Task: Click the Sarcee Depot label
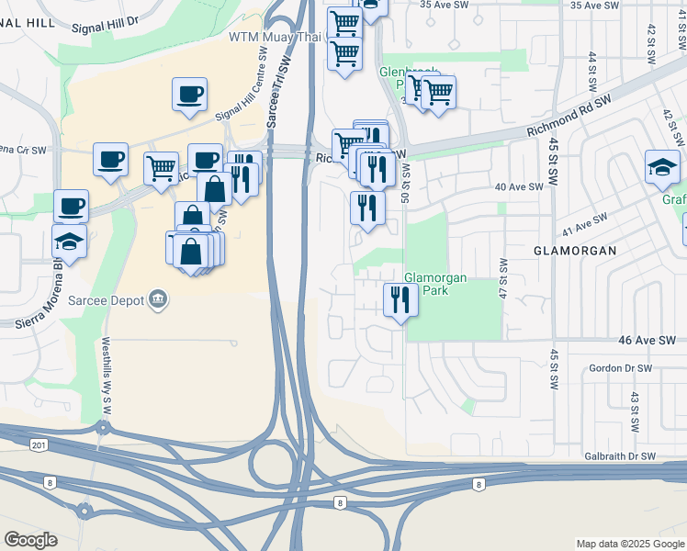(x=115, y=299)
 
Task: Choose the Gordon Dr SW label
(x=620, y=367)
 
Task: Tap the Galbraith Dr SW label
(x=620, y=456)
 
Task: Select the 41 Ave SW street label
(x=585, y=223)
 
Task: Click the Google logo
(x=30, y=540)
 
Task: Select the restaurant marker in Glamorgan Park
(x=400, y=299)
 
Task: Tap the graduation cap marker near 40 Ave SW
(x=661, y=167)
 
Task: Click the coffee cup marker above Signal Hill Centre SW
(x=189, y=95)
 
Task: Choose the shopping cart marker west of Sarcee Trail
(x=161, y=168)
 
